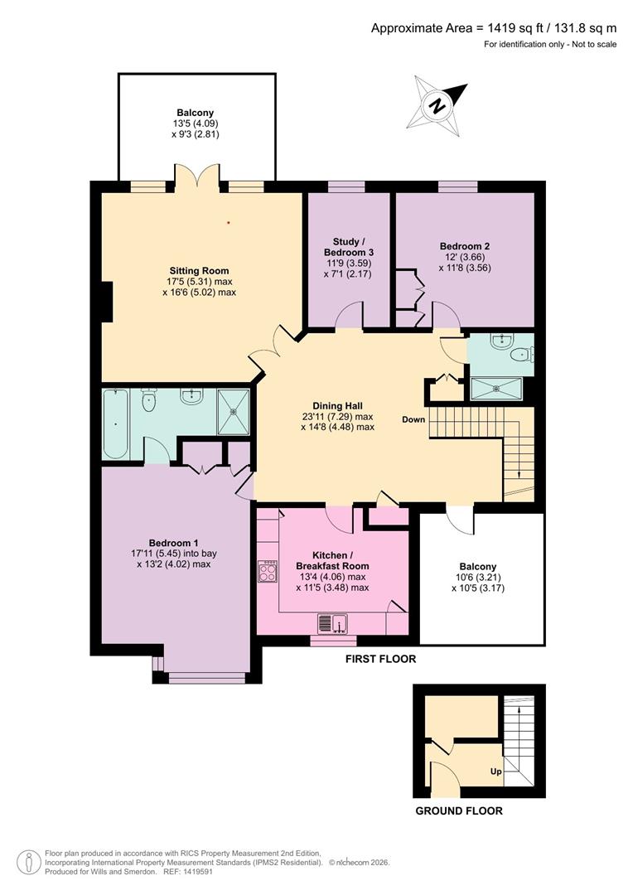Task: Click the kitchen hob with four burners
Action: point(268,572)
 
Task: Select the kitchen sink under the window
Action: point(333,622)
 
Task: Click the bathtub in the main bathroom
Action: point(115,423)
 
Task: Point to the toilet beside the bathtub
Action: point(149,400)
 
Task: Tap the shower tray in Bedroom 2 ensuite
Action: point(496,388)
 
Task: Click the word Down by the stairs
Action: point(414,419)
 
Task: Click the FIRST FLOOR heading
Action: point(380,660)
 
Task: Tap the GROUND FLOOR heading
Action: point(458,810)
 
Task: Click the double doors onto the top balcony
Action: point(197,177)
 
